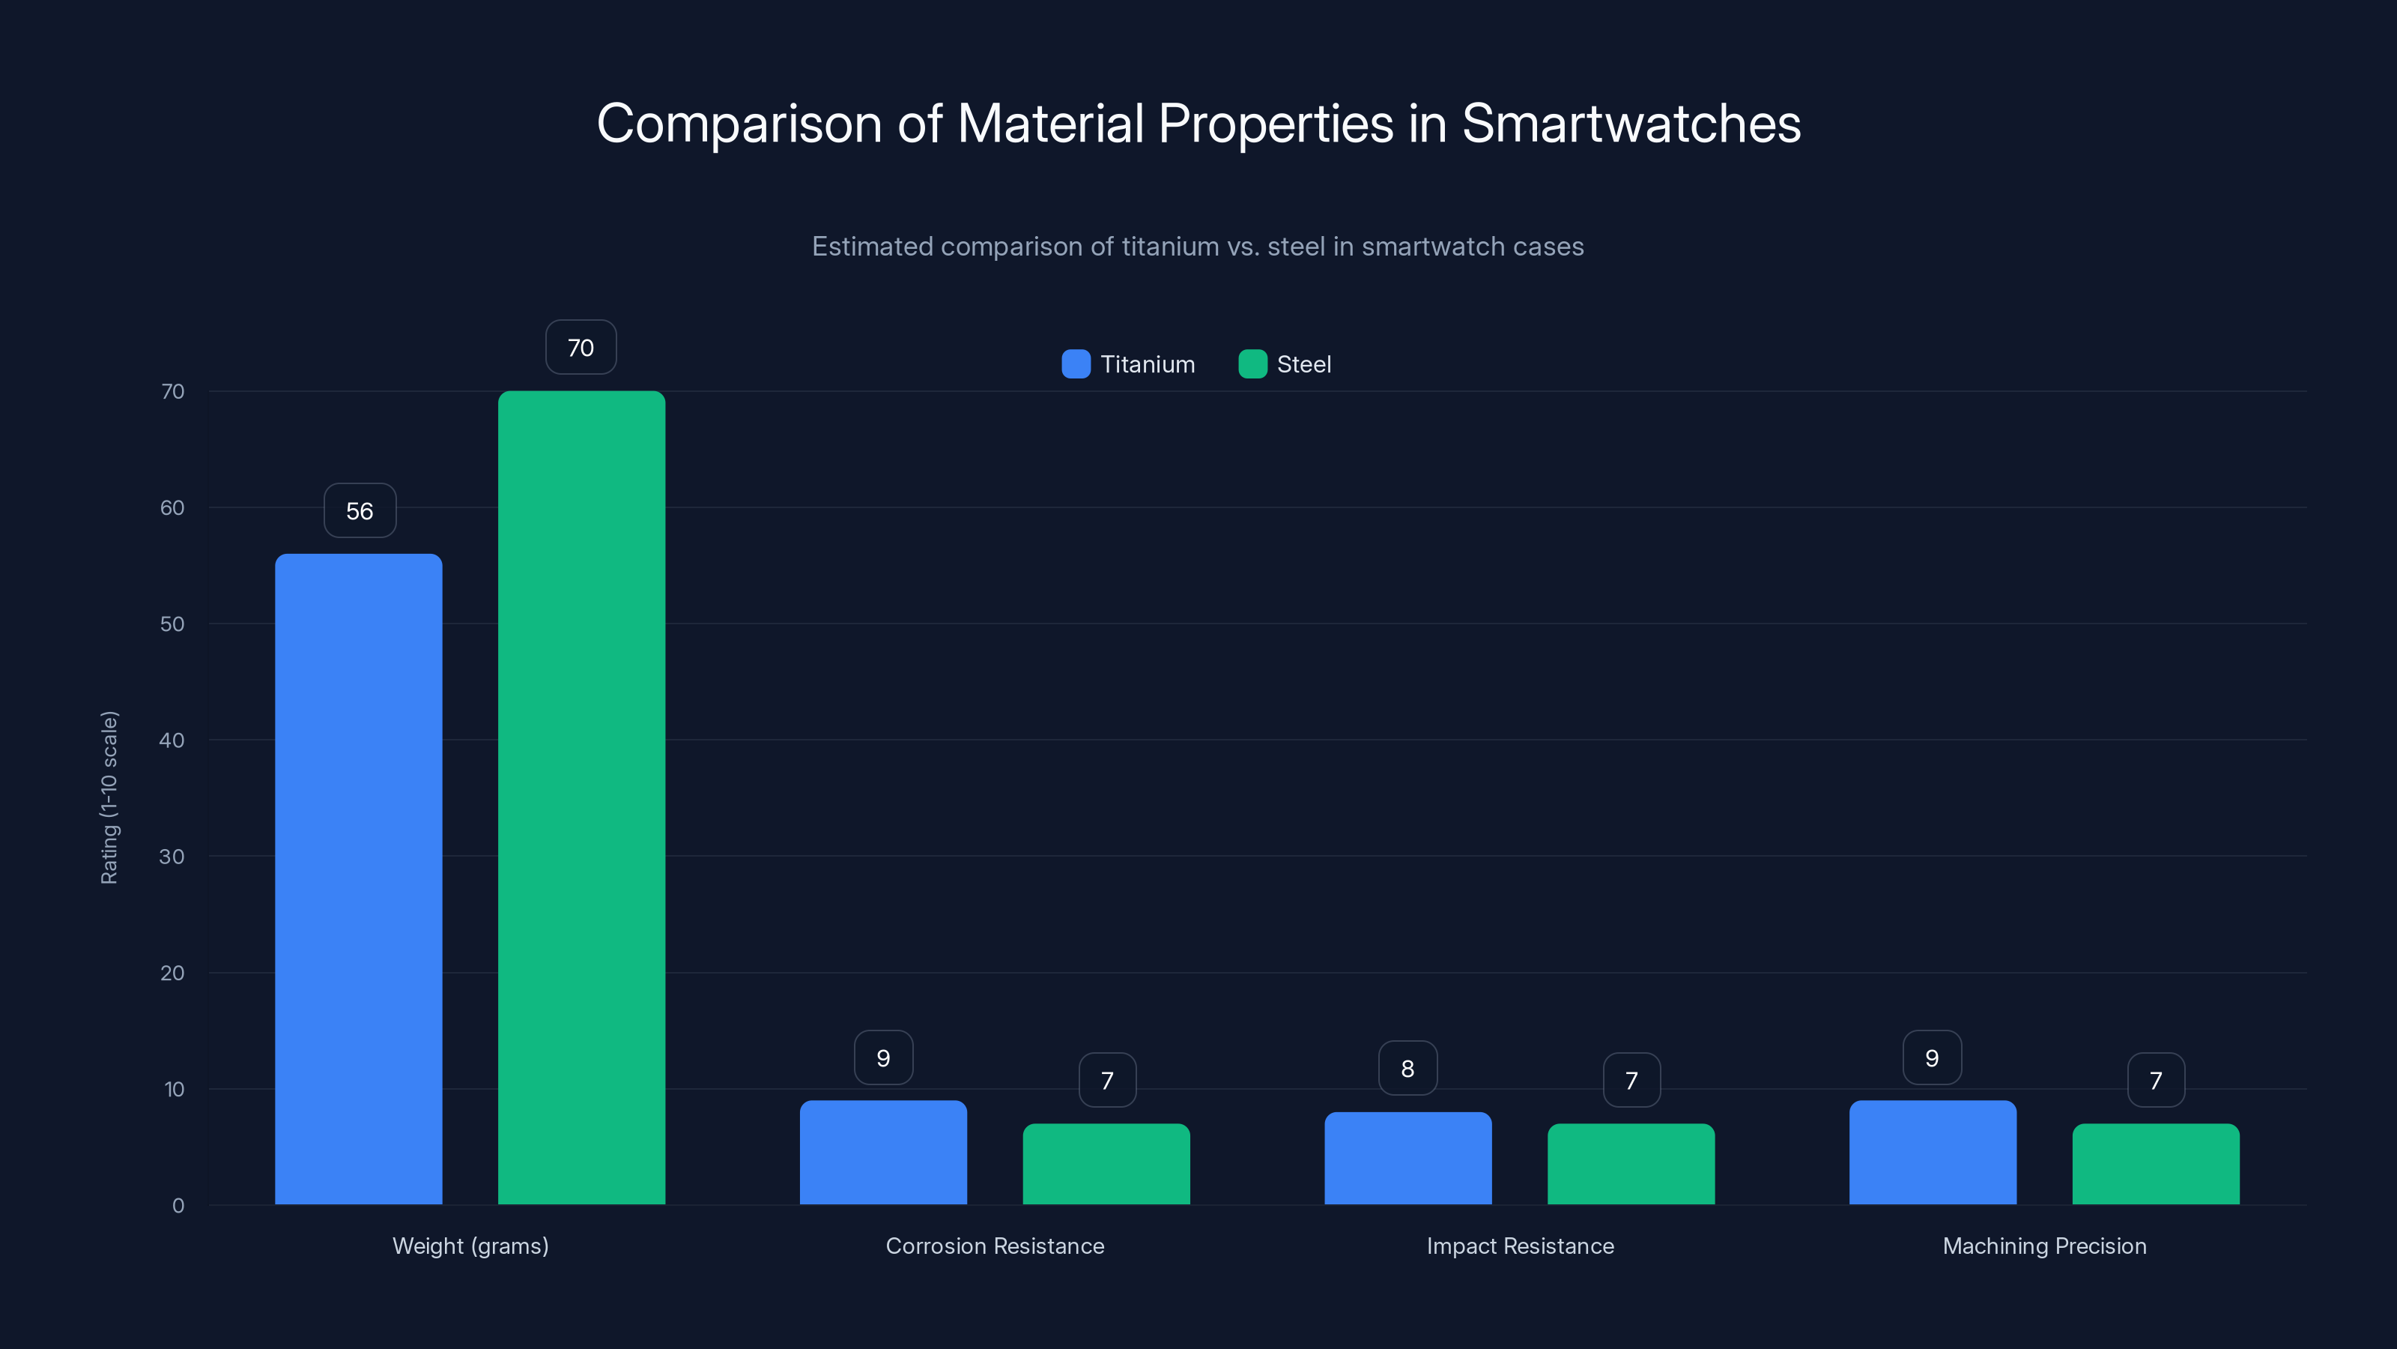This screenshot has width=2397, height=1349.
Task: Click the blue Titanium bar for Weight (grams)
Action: [358, 879]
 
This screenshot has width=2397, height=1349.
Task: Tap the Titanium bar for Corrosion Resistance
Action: [883, 1153]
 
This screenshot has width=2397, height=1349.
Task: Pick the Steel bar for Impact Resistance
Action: [1630, 1164]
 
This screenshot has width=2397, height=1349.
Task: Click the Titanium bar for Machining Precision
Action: [1932, 1153]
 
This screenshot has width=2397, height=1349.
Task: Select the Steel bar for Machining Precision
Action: [2155, 1164]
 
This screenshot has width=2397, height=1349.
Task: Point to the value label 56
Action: [360, 510]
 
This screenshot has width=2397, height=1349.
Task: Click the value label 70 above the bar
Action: [581, 347]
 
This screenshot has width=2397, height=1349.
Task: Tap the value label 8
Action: [1407, 1068]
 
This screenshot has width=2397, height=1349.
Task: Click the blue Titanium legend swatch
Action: [1076, 364]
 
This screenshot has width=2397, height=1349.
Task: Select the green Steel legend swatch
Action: [1252, 364]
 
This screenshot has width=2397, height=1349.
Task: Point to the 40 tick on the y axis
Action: [172, 740]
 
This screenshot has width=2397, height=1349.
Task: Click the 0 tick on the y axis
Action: [178, 1206]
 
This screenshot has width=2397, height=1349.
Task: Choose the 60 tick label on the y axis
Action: [172, 507]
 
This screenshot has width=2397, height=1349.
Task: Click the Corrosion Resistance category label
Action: [995, 1246]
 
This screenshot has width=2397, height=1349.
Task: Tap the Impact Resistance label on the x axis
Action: [1520, 1246]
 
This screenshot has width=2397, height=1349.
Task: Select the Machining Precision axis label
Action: [2044, 1246]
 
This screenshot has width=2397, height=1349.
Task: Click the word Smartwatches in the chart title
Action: [1631, 123]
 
